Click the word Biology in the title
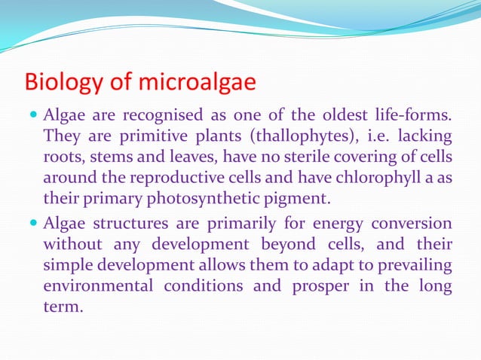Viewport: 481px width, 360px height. (57, 81)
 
